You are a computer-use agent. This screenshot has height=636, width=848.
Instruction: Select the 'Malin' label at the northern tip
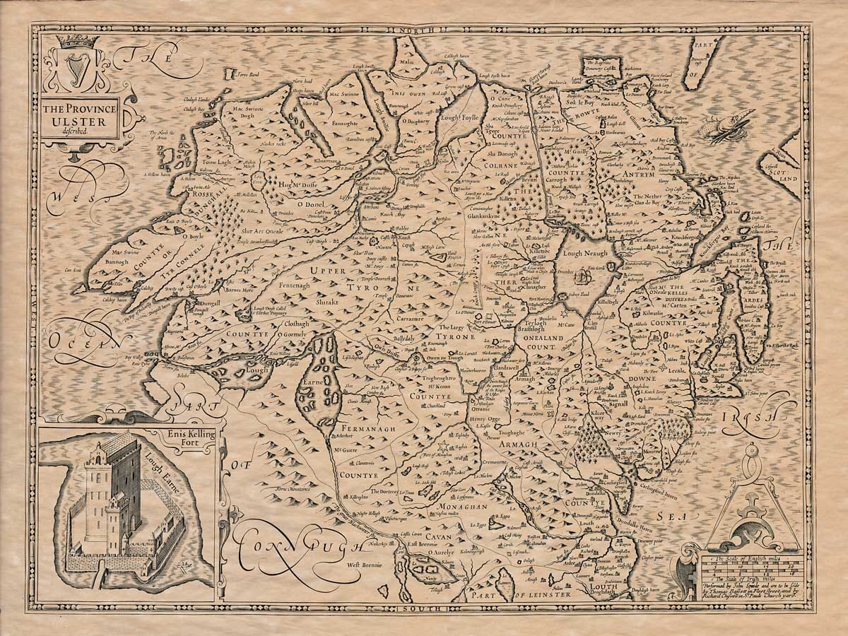pyautogui.click(x=406, y=62)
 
